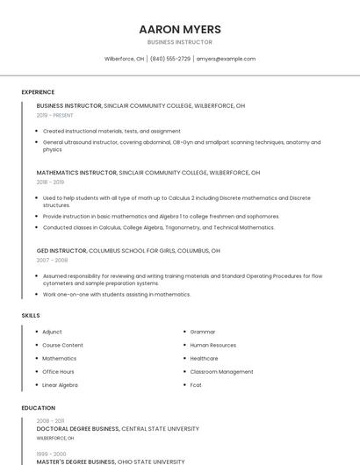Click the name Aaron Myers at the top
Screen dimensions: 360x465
[179, 29]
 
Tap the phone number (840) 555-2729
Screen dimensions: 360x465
[169, 59]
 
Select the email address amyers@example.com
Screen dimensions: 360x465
[226, 59]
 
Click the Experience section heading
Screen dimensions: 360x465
[38, 92]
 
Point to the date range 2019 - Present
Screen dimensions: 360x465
[55, 115]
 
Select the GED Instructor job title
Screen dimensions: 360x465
[61, 250]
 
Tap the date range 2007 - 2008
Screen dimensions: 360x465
[52, 261]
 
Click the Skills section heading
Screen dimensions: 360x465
[31, 315]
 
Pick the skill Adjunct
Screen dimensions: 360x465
[52, 332]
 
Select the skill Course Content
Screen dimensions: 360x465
[62, 345]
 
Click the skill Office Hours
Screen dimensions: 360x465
[58, 371]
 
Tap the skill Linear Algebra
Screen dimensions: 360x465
[60, 384]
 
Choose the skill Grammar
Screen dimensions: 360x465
[202, 332]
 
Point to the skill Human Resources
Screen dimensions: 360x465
[212, 345]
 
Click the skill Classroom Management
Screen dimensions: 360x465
[221, 371]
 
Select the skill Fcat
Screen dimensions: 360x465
[196, 384]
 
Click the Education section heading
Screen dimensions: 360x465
[38, 408]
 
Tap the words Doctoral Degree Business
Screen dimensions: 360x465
[77, 429]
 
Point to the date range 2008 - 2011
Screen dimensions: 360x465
[50, 421]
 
